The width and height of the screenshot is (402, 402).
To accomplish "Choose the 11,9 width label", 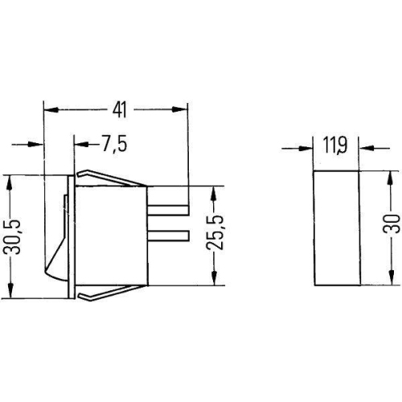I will (335, 146).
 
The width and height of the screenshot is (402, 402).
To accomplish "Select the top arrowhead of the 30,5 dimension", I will (10, 180).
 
